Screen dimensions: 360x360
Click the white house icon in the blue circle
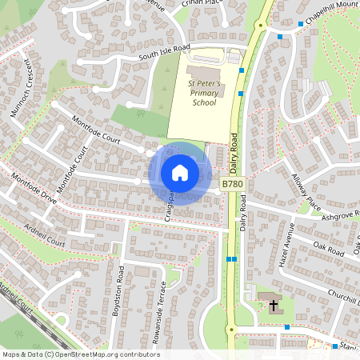pos(180,172)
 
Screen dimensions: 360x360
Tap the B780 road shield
pos(232,185)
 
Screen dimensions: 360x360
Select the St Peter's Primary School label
pos(203,93)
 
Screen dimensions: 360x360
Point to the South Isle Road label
pos(164,52)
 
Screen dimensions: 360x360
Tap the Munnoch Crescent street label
pos(20,87)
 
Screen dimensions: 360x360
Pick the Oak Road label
pos(328,246)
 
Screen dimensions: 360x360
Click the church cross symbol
pos(273,306)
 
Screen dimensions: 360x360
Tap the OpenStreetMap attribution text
pos(80,354)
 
